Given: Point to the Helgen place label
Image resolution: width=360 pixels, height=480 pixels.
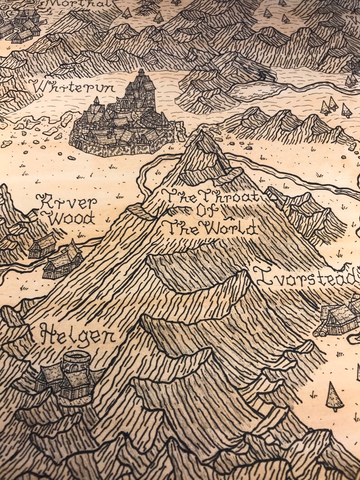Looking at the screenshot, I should pyautogui.click(x=77, y=336).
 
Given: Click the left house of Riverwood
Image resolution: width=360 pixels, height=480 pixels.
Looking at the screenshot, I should pyautogui.click(x=41, y=247).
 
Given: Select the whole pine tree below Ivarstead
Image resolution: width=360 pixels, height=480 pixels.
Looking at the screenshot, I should pyautogui.click(x=334, y=396).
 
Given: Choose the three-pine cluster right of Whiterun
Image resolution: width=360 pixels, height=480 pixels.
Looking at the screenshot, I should pyautogui.click(x=336, y=107).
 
